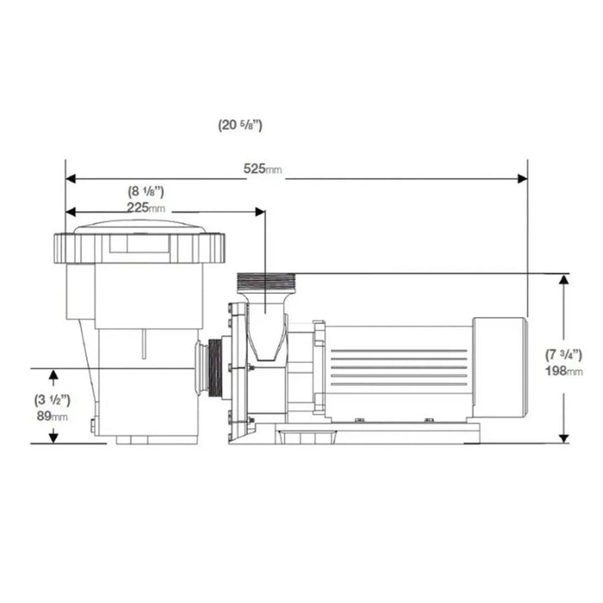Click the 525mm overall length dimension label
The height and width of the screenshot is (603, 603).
(x=262, y=170)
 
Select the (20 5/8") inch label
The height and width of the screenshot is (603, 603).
(x=240, y=125)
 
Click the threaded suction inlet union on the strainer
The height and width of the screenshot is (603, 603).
(x=211, y=369)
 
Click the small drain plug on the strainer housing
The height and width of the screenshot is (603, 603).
(x=92, y=425)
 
